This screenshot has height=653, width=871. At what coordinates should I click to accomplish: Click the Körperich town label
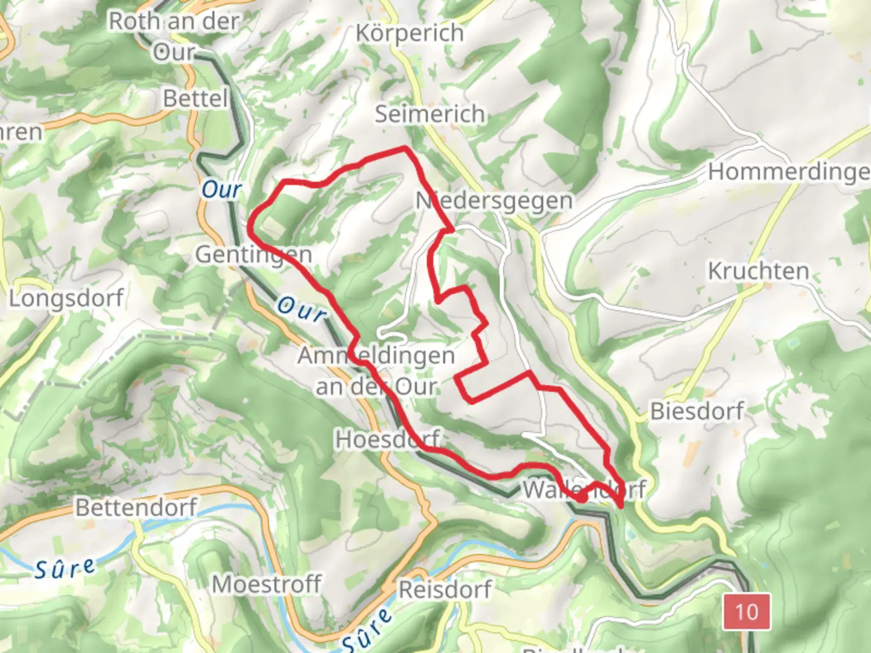click(x=409, y=33)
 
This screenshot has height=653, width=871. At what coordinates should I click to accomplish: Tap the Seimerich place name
click(x=429, y=114)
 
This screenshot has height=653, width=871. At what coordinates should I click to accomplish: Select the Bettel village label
click(x=195, y=99)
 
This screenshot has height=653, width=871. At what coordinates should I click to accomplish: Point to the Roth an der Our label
click(x=174, y=36)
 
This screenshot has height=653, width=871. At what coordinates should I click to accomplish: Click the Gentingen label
click(x=253, y=255)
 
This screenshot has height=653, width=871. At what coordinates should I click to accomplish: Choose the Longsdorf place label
click(x=66, y=298)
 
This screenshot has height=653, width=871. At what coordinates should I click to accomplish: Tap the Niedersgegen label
click(x=494, y=201)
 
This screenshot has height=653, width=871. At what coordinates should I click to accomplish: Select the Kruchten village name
click(x=758, y=271)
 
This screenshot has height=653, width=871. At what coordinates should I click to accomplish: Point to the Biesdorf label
click(x=697, y=412)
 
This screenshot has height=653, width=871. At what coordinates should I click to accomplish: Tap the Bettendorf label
click(x=136, y=507)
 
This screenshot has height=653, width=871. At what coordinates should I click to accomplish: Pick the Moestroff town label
click(x=267, y=585)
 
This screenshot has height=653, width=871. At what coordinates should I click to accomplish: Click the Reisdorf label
click(x=445, y=590)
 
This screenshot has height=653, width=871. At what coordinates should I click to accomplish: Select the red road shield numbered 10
click(x=746, y=611)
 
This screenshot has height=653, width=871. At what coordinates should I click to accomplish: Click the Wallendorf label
click(x=584, y=489)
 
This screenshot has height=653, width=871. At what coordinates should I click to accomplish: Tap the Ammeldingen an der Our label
click(x=376, y=371)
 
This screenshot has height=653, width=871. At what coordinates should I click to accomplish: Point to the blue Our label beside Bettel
click(x=221, y=190)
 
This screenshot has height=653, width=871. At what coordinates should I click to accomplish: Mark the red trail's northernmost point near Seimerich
click(x=404, y=147)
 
